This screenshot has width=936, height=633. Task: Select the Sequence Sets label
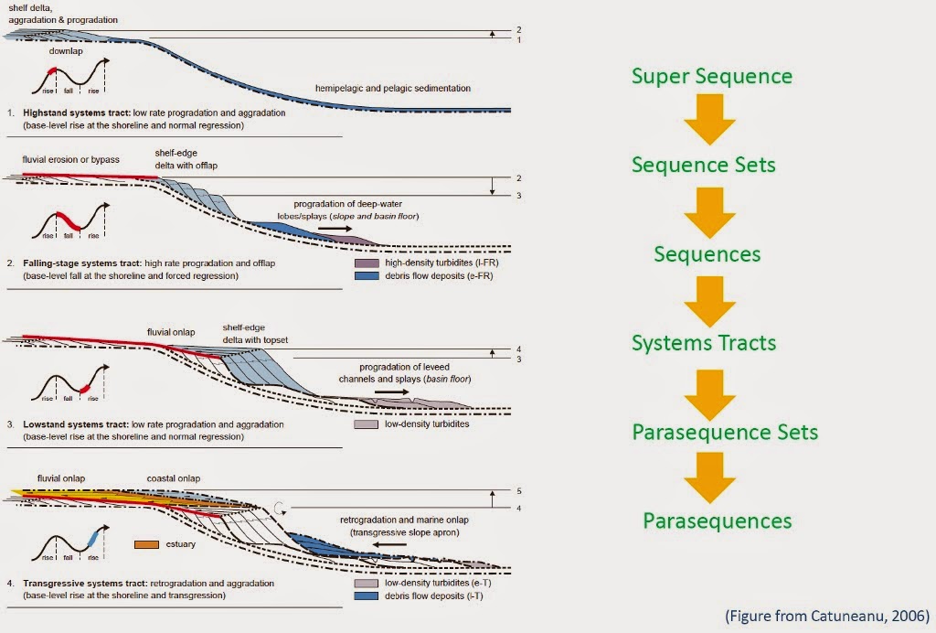click(x=704, y=165)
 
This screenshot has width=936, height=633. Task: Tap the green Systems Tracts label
click(x=704, y=343)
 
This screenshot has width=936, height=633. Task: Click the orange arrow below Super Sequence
click(x=710, y=120)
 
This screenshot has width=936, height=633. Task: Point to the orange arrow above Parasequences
click(x=710, y=477)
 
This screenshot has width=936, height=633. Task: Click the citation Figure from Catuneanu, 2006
click(x=827, y=615)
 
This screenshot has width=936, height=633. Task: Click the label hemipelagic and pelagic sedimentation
click(x=392, y=88)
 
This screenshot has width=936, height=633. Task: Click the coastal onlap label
click(x=175, y=477)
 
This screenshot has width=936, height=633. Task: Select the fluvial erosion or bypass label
click(x=71, y=159)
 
